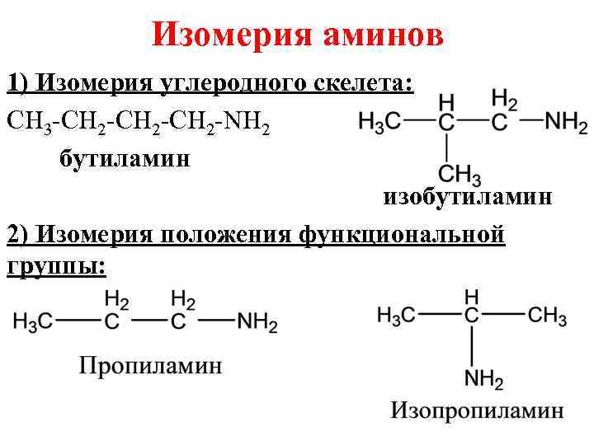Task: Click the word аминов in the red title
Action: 383,35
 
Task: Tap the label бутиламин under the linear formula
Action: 124,157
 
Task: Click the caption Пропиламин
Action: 150,365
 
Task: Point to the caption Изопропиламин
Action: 477,410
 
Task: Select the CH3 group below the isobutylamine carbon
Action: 460,175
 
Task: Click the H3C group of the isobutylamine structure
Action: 380,124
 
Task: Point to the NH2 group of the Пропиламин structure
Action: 257,322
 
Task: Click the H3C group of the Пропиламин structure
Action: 35,322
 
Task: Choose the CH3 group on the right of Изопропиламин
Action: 546,315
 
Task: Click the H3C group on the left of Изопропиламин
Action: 398,315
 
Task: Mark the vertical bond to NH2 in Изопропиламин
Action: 472,346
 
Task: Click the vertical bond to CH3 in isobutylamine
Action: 446,148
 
